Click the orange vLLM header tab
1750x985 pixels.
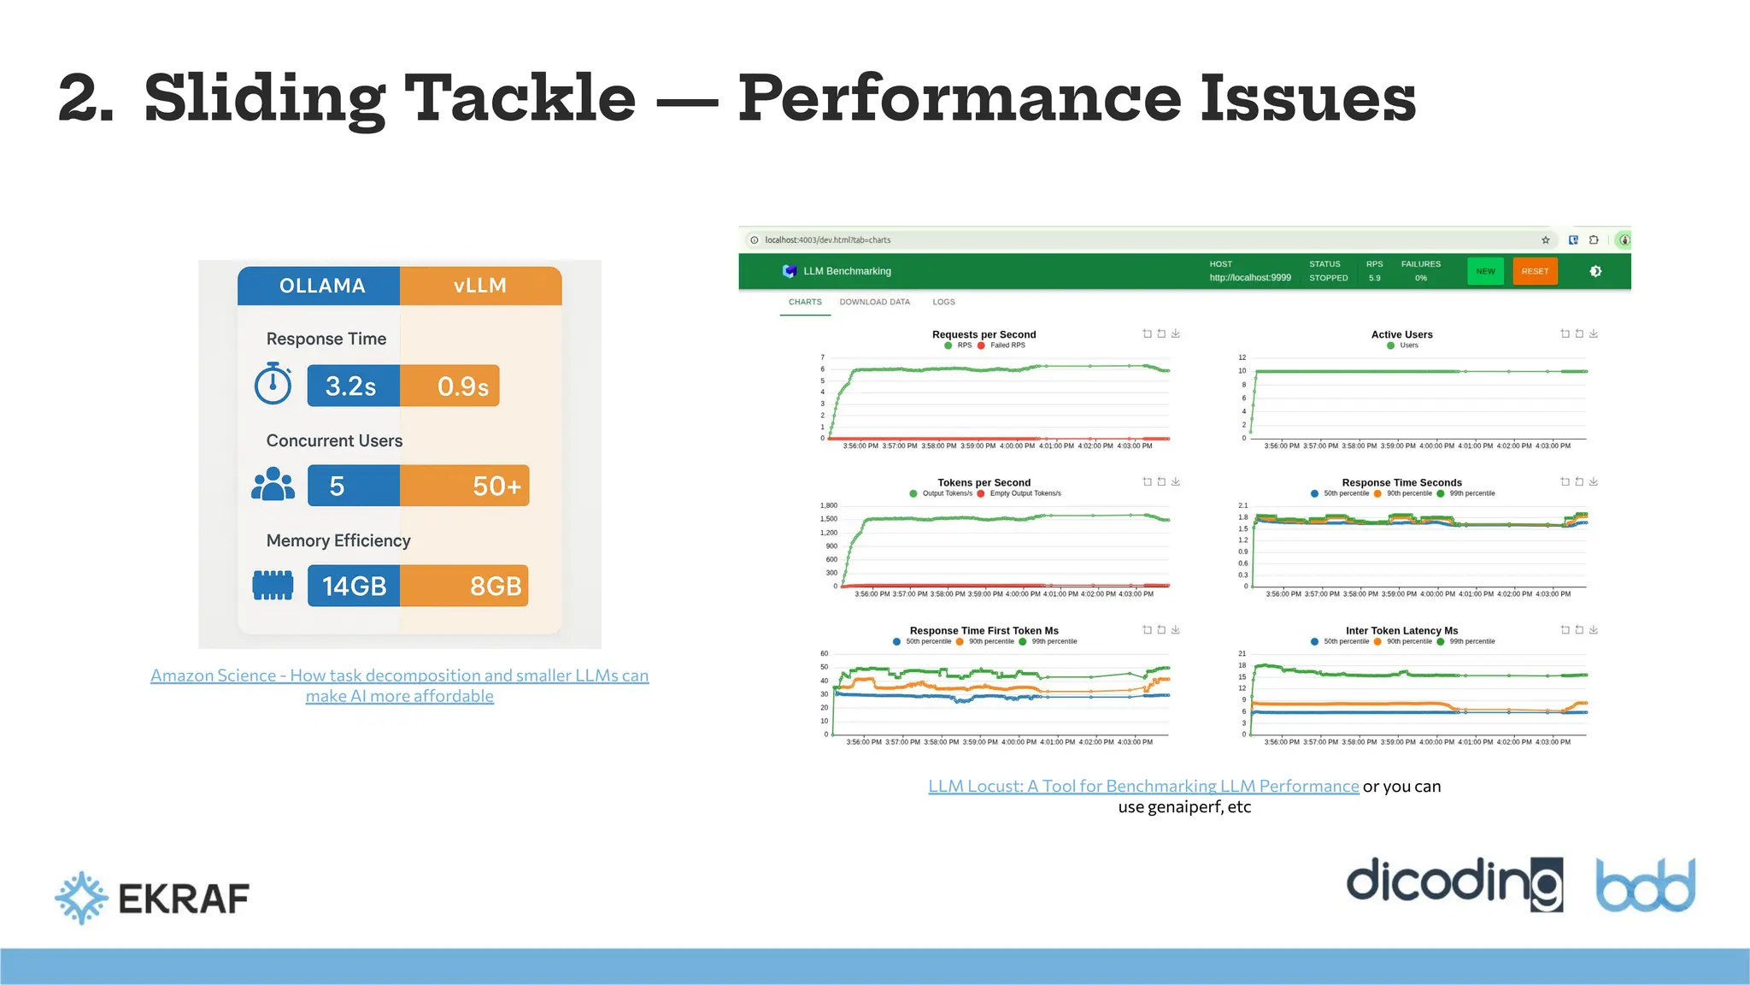[480, 286]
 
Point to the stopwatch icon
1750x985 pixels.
[273, 384]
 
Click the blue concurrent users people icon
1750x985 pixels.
[273, 484]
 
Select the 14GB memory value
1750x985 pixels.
[353, 586]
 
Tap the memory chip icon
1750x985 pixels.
[273, 585]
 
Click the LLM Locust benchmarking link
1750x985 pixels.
[1142, 786]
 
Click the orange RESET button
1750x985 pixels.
[1535, 271]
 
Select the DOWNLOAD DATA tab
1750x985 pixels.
[874, 302]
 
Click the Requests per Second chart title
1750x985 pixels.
[984, 334]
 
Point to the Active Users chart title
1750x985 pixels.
[1401, 334]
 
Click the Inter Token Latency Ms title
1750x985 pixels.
[1401, 631]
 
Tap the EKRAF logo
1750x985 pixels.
[152, 898]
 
